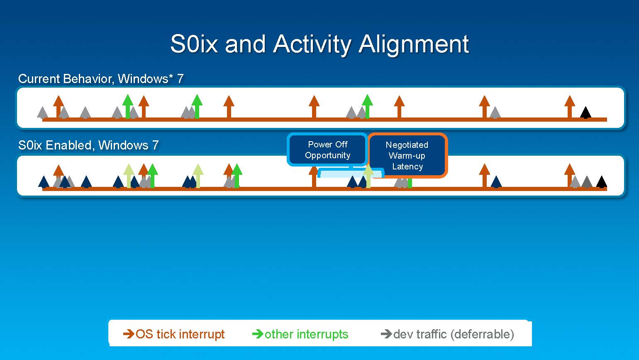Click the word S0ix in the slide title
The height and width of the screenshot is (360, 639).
tap(194, 44)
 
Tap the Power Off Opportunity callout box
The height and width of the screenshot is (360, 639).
tap(327, 150)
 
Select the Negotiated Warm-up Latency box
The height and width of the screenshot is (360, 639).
tap(407, 156)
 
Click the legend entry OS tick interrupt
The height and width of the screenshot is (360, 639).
tap(180, 334)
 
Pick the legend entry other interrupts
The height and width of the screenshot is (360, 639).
tap(306, 334)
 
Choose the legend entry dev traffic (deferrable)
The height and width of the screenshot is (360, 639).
tap(453, 334)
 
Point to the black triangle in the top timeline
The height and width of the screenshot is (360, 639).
tap(585, 113)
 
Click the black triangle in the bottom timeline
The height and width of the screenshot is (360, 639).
tap(602, 182)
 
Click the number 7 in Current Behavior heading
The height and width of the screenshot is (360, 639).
tap(180, 79)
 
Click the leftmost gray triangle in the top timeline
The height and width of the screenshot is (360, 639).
tap(42, 113)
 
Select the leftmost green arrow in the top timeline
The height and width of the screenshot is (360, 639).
tap(128, 106)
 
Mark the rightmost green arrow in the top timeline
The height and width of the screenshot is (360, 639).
tap(367, 106)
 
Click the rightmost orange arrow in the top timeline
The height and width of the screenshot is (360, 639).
tap(570, 107)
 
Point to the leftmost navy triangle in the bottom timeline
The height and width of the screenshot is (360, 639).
tap(44, 182)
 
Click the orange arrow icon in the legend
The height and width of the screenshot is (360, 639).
tap(129, 334)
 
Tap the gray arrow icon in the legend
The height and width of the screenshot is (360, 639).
tap(386, 334)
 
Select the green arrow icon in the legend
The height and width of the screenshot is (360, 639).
tap(258, 334)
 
